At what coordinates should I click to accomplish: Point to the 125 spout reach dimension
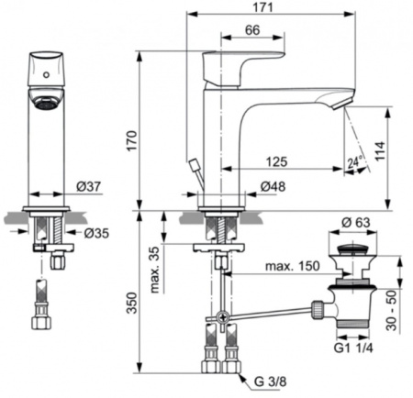tap(276, 161)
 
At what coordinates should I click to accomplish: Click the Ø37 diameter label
tap(88, 187)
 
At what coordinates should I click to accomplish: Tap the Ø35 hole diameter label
tap(97, 232)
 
